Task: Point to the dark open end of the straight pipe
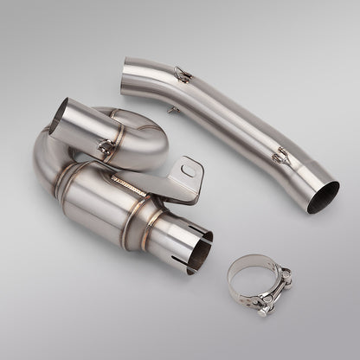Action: [324, 197]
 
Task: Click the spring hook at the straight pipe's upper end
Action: [182, 74]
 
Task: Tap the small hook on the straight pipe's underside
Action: [174, 110]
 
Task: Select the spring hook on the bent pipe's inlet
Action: [106, 148]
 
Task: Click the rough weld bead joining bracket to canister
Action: [129, 183]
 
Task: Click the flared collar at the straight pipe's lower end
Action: [312, 186]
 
